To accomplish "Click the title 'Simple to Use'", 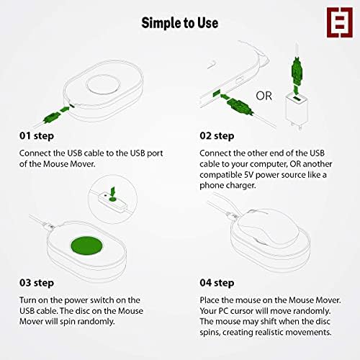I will pos(179,23).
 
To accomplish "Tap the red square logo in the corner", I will pos(333,23).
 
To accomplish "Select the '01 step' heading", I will pos(37,135).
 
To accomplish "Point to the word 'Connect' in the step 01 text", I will pos(35,153).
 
